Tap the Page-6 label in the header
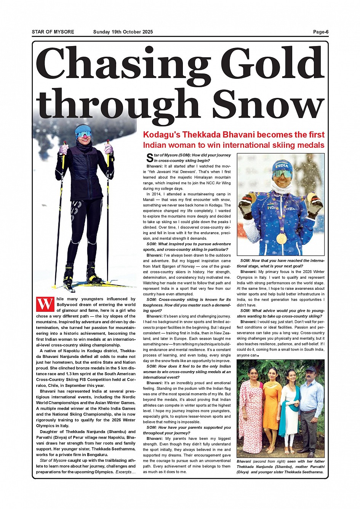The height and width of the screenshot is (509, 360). click(x=321, y=32)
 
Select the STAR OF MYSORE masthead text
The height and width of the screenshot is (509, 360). click(x=53, y=32)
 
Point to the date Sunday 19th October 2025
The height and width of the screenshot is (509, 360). click(x=123, y=32)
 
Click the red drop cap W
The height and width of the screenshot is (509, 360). click(x=45, y=304)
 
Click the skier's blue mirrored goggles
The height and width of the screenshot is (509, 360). click(x=83, y=134)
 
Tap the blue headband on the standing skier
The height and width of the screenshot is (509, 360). click(x=83, y=129)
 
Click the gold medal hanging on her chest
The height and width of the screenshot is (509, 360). click(x=281, y=238)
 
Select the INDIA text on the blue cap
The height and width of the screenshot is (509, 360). click(x=282, y=166)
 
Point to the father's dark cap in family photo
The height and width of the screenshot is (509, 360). click(x=310, y=369)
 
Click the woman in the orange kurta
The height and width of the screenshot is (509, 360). click(x=272, y=404)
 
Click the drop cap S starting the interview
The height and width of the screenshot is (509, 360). click(x=150, y=158)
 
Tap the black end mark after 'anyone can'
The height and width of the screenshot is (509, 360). click(x=258, y=356)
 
